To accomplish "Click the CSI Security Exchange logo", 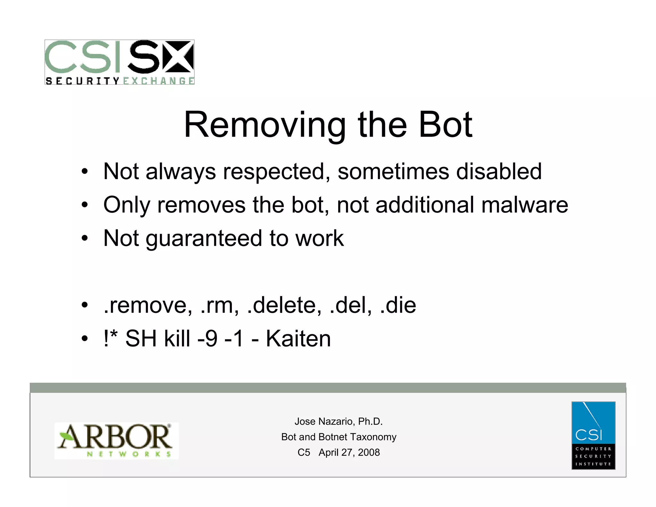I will tap(119, 62).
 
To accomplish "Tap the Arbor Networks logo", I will tap(116, 440).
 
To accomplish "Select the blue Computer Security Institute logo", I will tap(593, 435).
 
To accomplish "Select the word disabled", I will tap(499, 171).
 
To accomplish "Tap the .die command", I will tap(398, 305).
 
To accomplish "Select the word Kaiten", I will tap(298, 339).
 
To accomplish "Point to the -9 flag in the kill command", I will tap(208, 339).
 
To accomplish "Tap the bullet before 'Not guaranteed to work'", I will tap(84, 238).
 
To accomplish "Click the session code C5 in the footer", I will tap(304, 452).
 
